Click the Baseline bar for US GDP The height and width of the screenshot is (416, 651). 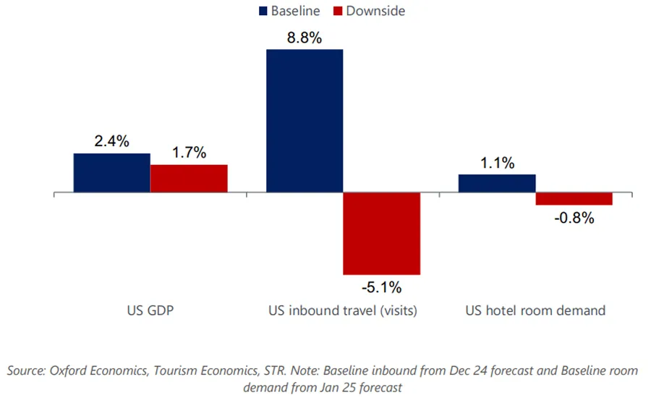(x=111, y=173)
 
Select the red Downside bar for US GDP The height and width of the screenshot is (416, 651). (x=189, y=179)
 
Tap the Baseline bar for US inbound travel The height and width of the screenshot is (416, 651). (x=305, y=121)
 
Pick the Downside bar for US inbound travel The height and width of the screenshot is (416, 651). (x=381, y=234)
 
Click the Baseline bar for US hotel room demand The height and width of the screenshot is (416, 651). (x=497, y=184)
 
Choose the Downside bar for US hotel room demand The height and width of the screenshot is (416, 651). (x=574, y=199)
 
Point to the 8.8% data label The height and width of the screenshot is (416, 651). (x=304, y=38)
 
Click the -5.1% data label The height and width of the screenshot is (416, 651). (x=381, y=287)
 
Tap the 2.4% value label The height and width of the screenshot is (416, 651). (x=111, y=142)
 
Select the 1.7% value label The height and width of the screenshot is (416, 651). (x=189, y=153)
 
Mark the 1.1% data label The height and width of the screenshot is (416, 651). (x=497, y=163)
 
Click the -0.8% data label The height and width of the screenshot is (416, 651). (x=574, y=218)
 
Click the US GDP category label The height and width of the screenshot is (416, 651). (x=150, y=311)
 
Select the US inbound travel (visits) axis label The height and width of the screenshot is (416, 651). (x=343, y=311)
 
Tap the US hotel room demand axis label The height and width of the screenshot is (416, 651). (x=535, y=311)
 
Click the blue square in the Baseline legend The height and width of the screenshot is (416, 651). (x=263, y=11)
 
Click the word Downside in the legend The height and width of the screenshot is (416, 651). (x=375, y=11)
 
